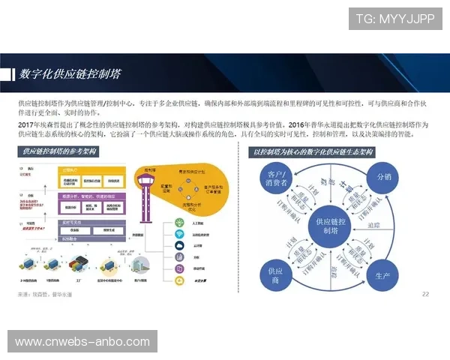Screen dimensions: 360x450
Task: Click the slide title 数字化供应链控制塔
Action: (x=72, y=74)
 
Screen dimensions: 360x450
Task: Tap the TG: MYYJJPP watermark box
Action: (x=395, y=18)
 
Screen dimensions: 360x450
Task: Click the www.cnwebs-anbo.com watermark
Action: (x=83, y=342)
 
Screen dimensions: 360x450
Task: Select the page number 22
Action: (x=425, y=293)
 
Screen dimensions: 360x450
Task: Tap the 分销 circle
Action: (x=384, y=177)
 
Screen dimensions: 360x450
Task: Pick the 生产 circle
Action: (x=380, y=274)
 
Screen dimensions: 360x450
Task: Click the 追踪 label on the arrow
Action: (x=373, y=224)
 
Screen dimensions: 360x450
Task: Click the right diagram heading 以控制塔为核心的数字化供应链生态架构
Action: (x=314, y=152)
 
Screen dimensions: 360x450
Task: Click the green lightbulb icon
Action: (x=180, y=222)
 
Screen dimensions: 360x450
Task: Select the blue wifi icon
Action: (x=180, y=234)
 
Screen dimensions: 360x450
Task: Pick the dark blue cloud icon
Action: (x=180, y=245)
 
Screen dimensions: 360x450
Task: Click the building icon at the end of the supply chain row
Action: (x=140, y=265)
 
